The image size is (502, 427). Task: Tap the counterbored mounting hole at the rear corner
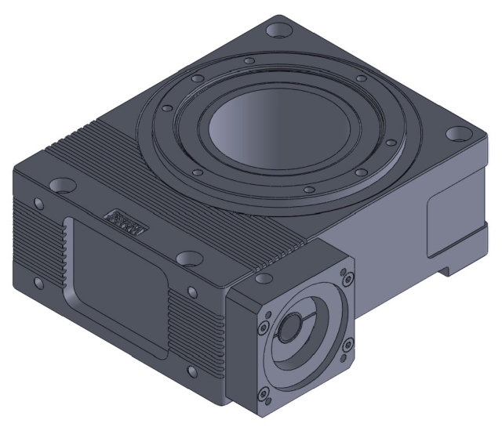click(276, 32)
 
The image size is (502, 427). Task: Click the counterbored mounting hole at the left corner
click(60, 186)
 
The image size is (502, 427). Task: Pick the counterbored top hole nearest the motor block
click(188, 258)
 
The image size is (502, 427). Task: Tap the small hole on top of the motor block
click(260, 277)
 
